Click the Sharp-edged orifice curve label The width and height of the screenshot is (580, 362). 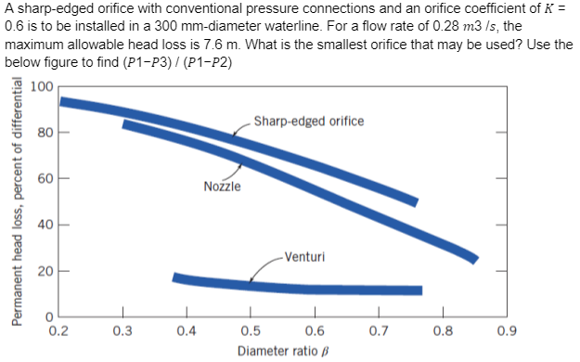click(x=308, y=122)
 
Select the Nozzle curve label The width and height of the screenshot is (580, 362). click(x=222, y=187)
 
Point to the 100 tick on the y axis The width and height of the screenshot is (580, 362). click(x=41, y=88)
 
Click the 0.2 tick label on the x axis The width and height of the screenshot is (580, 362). click(x=58, y=330)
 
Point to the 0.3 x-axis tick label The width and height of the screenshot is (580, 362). click(x=122, y=330)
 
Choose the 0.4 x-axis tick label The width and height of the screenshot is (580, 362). click(x=186, y=330)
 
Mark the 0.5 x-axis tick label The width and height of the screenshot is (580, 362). click(x=250, y=330)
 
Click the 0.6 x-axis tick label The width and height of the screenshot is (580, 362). click(x=315, y=330)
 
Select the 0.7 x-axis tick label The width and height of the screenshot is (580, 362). click(x=379, y=330)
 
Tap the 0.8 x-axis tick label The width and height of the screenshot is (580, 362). click(x=443, y=330)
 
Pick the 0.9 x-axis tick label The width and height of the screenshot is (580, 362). click(x=508, y=330)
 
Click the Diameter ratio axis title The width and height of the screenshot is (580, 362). click(x=283, y=352)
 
